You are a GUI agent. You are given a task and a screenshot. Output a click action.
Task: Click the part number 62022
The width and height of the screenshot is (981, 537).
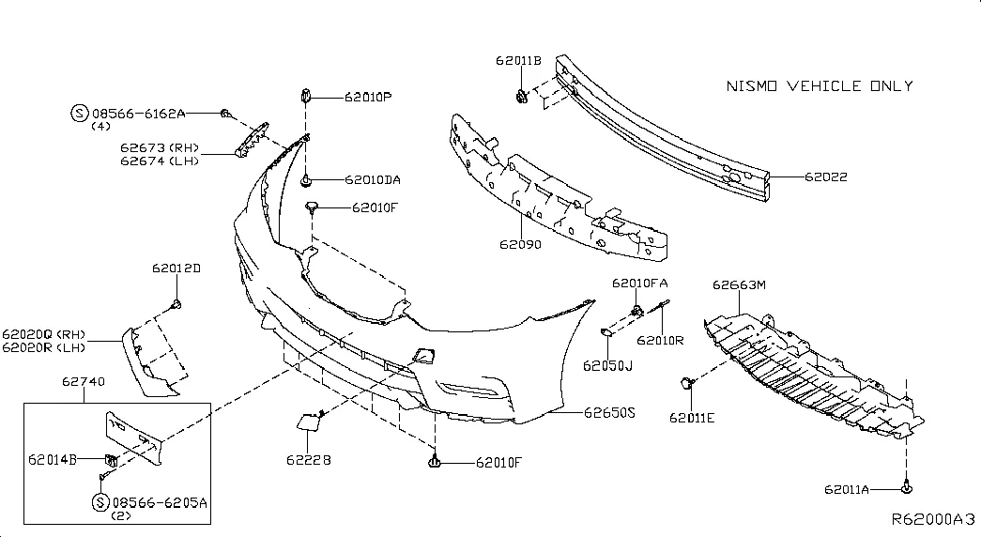click(x=826, y=177)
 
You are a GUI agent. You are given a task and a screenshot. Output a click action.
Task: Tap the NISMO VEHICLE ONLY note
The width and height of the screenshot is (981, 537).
click(x=820, y=85)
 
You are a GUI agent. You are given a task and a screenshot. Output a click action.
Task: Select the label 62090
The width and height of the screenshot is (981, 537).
click(x=520, y=245)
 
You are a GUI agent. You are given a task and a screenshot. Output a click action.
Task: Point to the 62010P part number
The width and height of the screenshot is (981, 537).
click(x=368, y=97)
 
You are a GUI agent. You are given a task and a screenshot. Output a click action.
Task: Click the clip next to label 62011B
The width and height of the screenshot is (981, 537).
click(x=522, y=97)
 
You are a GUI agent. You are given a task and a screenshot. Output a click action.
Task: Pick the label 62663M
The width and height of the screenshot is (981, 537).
click(x=739, y=284)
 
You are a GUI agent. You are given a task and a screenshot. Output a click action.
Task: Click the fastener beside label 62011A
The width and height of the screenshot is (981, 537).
click(x=907, y=487)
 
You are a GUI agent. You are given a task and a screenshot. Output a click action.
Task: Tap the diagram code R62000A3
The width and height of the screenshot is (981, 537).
click(x=933, y=519)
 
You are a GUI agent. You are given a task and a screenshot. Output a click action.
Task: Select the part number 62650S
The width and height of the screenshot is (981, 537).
click(x=609, y=413)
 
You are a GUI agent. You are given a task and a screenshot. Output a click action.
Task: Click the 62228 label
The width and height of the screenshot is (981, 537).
click(x=309, y=460)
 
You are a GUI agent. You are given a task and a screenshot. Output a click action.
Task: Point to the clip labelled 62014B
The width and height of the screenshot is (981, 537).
click(x=111, y=460)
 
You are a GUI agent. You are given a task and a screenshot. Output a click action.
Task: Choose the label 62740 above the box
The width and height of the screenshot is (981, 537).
click(x=84, y=381)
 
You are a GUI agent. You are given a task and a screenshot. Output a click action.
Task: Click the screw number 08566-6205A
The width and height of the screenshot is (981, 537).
click(x=160, y=502)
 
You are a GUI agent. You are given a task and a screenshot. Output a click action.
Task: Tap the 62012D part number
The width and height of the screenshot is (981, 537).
click(x=176, y=268)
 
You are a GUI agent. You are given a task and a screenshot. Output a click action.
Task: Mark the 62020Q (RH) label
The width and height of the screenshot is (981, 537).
click(x=43, y=335)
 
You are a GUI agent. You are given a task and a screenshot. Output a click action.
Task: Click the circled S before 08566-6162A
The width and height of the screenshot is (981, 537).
click(x=79, y=114)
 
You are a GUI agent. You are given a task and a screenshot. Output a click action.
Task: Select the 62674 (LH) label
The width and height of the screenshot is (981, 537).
click(x=160, y=161)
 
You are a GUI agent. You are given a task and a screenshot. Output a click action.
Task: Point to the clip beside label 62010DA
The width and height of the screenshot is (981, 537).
click(x=306, y=181)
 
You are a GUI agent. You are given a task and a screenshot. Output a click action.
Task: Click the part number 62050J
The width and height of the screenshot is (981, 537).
click(x=607, y=365)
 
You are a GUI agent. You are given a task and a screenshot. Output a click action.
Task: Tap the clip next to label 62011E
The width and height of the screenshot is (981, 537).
click(x=687, y=382)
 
